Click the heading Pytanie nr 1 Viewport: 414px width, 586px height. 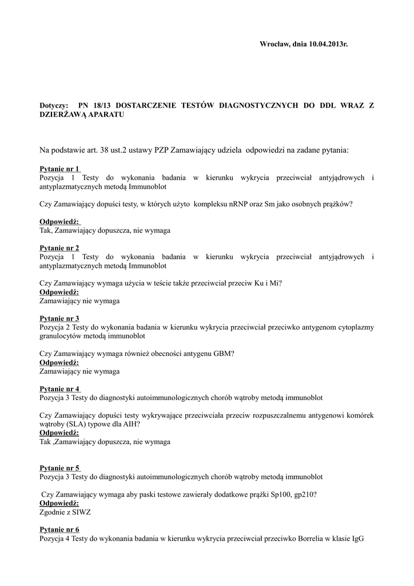tap(59, 169)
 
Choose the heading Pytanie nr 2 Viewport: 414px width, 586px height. tap(59, 248)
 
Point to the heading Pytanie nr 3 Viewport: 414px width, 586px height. tap(59, 319)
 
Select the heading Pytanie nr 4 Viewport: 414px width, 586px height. tap(59, 389)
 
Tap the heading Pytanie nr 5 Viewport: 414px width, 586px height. tap(59, 468)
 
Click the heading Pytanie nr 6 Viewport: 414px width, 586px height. tap(59, 530)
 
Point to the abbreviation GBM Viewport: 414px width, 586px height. tap(224, 354)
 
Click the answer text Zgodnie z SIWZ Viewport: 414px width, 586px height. tap(65, 513)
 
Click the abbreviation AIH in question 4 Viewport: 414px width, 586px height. tap(131, 425)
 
